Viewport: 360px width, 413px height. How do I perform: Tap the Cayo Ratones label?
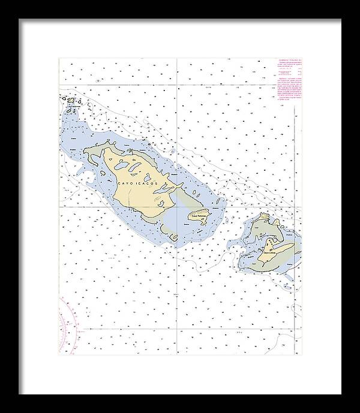click(198, 215)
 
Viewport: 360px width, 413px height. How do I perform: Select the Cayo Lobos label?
click(269, 253)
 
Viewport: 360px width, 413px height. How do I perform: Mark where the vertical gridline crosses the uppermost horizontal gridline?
click(178, 85)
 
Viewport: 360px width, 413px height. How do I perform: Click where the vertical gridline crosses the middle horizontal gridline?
click(178, 206)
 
